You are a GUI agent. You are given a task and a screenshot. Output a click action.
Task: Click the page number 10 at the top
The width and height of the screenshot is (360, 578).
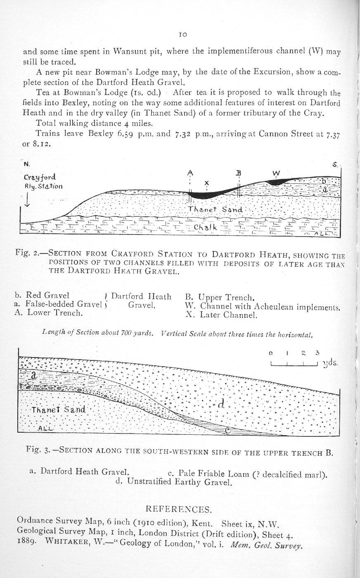(x=184, y=35)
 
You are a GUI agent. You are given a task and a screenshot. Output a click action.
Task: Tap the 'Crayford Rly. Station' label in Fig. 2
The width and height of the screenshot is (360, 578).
(x=43, y=182)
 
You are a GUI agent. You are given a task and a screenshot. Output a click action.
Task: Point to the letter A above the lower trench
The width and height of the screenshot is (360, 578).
(x=189, y=172)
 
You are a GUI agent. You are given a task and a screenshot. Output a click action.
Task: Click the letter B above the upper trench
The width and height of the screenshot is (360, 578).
(x=239, y=173)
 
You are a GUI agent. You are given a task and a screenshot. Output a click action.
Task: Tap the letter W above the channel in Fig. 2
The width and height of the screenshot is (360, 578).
(x=276, y=173)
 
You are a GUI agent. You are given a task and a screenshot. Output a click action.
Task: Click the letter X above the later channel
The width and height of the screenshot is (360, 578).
(x=206, y=183)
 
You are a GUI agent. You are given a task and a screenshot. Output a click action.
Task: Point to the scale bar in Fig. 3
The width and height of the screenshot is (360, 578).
(x=293, y=364)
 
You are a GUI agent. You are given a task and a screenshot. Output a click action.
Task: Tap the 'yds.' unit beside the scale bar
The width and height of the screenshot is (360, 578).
(x=330, y=363)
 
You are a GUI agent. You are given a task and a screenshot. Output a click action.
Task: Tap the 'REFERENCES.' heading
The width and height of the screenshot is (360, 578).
(x=180, y=508)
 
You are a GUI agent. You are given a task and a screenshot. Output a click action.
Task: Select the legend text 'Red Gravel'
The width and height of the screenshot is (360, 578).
(x=47, y=295)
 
